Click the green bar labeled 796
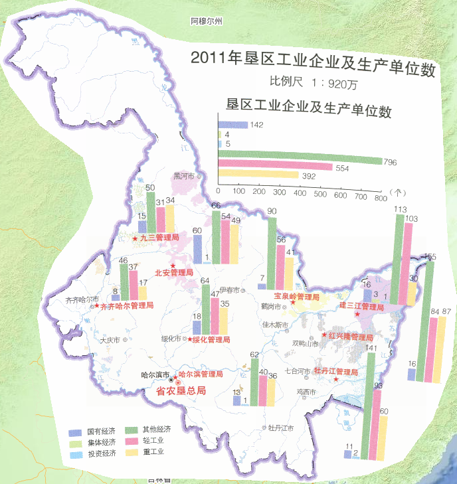[299, 161]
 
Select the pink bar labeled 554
[274, 168]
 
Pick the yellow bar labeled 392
[257, 176]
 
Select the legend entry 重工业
[153, 452]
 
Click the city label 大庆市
[109, 340]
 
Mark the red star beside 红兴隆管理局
[324, 335]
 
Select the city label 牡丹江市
[281, 428]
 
